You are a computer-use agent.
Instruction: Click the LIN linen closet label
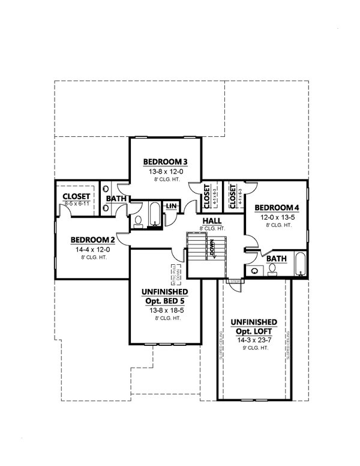pos(170,206)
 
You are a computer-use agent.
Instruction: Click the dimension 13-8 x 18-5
pos(158,311)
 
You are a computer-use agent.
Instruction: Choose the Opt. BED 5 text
pos(158,302)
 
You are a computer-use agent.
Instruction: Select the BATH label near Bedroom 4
pos(277,258)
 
